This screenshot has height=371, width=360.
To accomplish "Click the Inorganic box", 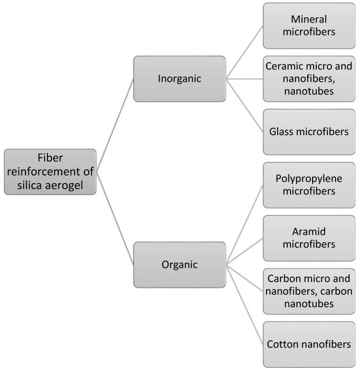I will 179,79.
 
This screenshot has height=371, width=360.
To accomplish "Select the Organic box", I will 179,264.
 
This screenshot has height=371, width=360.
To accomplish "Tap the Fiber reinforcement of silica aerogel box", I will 50,172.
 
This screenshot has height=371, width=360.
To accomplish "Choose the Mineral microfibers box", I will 309,25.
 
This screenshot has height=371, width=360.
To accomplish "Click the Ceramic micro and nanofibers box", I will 309,79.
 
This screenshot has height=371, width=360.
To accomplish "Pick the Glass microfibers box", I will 309,132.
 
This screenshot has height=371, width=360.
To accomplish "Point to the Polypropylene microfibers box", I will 309,185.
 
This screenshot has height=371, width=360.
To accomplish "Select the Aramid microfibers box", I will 309,238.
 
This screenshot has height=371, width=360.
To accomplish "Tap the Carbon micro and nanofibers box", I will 309,291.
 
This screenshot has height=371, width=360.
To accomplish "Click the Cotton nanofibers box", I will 309,344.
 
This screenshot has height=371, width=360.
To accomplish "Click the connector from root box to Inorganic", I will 115,125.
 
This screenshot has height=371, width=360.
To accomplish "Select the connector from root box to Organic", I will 115,218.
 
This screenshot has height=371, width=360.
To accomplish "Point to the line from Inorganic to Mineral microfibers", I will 244,52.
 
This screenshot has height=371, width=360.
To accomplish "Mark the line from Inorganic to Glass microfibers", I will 244,105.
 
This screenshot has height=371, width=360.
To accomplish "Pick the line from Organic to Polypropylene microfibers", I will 244,224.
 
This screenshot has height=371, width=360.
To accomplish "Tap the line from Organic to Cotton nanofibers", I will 244,304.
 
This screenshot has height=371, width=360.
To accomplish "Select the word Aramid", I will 309,232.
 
